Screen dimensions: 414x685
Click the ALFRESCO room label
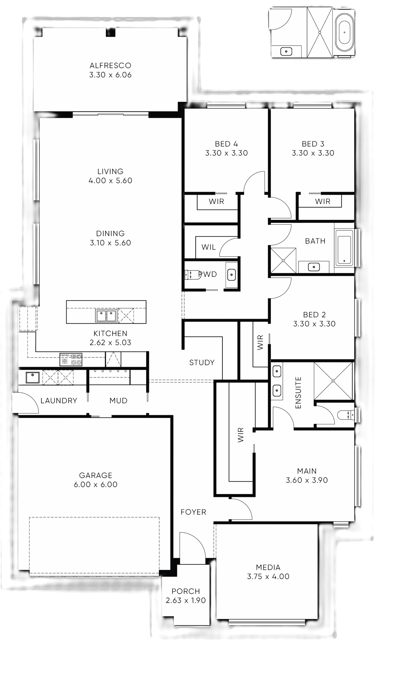110,66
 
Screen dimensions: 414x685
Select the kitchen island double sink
106,315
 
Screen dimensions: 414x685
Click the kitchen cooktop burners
71,359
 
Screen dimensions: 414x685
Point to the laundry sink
33,377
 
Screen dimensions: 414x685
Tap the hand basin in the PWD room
231,275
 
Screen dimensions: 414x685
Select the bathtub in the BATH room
344,247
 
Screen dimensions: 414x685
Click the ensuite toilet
346,415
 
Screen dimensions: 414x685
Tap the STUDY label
202,363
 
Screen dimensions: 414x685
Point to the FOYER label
193,512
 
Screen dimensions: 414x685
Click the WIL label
208,247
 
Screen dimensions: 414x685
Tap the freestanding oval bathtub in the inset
344,32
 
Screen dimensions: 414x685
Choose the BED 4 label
226,144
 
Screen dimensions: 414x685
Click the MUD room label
118,401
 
